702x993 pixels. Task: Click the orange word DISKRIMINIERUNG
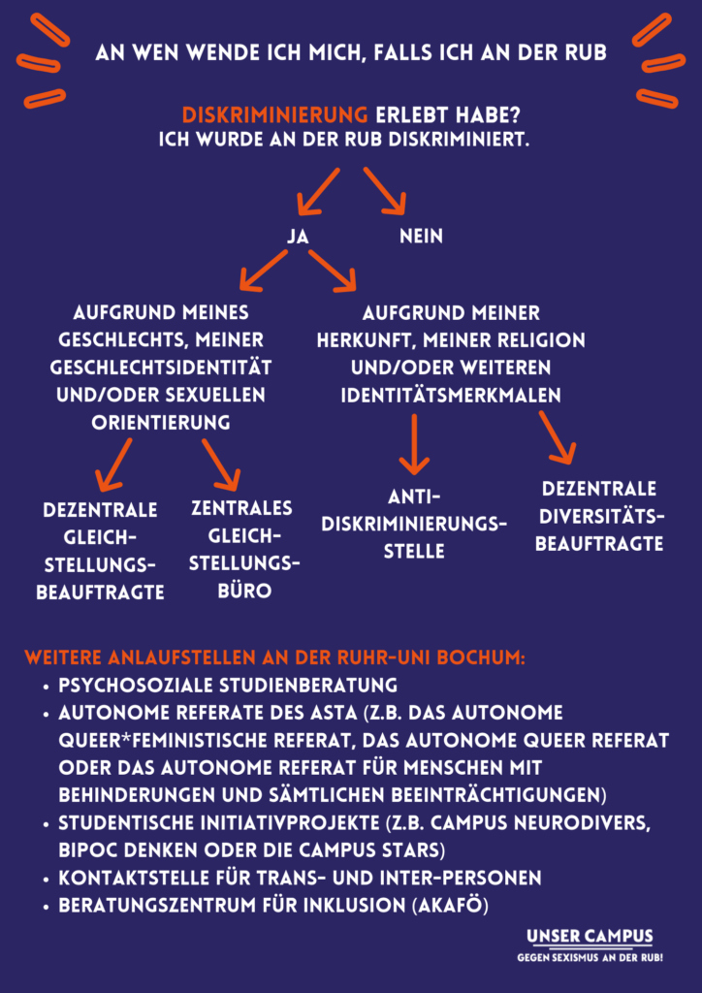[x=274, y=113]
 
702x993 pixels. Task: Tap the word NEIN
[x=421, y=237]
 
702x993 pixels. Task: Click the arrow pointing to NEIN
[x=385, y=190]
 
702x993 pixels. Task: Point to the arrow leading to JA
[x=318, y=190]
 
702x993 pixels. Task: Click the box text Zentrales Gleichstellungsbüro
[x=241, y=549]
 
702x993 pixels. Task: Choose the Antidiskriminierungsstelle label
[x=415, y=524]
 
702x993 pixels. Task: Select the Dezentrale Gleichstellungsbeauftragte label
[x=100, y=551]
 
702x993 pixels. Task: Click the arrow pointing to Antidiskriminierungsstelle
[x=415, y=444]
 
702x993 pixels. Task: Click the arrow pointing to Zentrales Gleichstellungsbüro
[x=220, y=463]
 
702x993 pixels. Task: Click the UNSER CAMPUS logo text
[x=590, y=937]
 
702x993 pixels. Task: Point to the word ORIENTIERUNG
[x=161, y=422]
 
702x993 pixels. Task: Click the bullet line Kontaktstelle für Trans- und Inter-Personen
[x=300, y=878]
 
